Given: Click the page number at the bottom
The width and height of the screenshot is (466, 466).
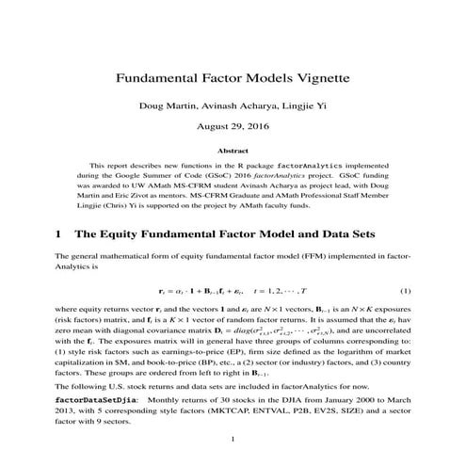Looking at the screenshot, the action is tap(233, 440).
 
